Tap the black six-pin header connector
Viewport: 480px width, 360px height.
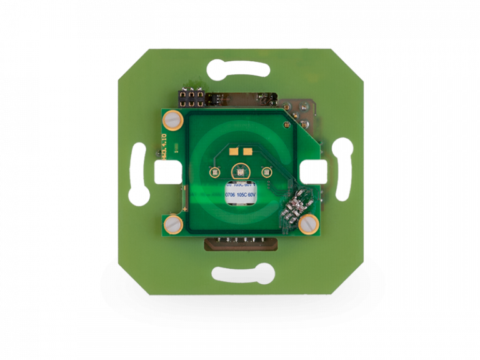tap(191, 97)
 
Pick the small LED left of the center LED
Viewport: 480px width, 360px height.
tap(213, 172)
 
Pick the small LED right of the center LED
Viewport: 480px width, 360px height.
tap(265, 172)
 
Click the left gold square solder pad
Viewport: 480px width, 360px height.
tap(234, 150)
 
